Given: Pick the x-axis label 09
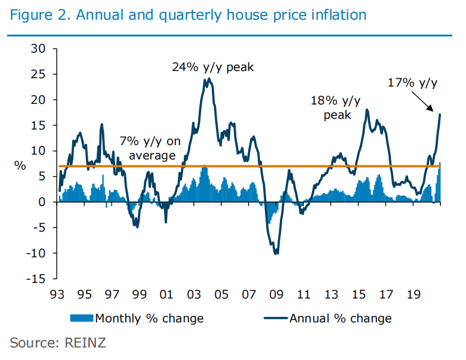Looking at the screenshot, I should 276,294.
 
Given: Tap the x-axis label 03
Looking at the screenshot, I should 193,294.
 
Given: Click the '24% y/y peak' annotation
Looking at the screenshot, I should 213,67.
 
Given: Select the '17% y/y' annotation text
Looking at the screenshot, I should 412,83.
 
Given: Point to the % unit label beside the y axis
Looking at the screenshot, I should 20,165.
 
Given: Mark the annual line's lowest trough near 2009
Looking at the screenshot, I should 276,254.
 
